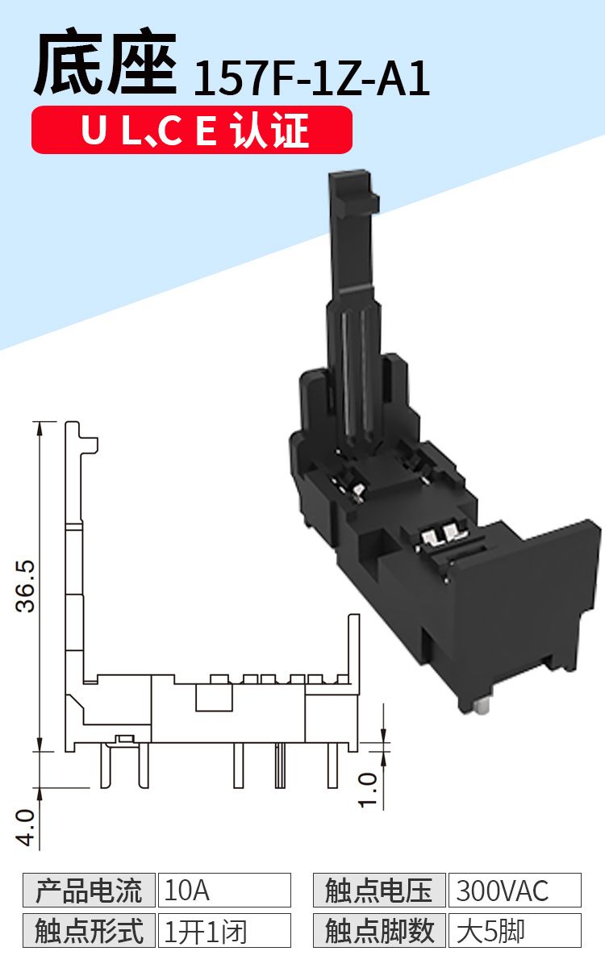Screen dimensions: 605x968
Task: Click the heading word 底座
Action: [x=106, y=61]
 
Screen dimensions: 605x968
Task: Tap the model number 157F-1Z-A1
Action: [x=311, y=78]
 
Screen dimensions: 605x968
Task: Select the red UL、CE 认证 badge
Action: [x=192, y=130]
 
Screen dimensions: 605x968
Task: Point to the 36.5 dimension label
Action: [x=25, y=586]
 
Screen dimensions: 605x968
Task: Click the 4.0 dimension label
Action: [x=25, y=828]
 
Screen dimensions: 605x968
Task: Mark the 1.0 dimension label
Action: [x=368, y=791]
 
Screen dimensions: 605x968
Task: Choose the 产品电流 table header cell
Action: [x=89, y=891]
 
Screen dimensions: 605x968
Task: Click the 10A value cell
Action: [x=224, y=891]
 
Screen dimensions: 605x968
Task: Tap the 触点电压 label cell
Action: [x=379, y=891]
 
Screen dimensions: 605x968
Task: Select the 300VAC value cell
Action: [x=515, y=891]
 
